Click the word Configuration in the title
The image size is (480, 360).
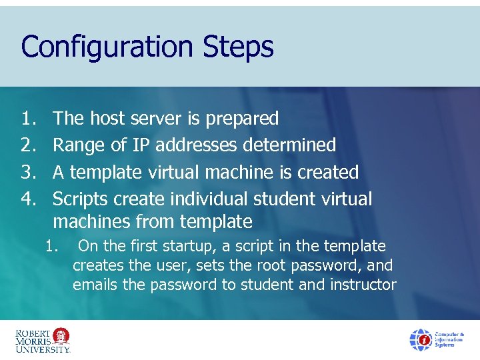pos(107,47)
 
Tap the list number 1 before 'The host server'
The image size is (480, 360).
pos(27,119)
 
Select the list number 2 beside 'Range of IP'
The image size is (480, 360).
pos(27,145)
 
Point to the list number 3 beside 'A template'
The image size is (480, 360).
pos(27,172)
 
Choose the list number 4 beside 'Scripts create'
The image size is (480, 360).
pos(27,199)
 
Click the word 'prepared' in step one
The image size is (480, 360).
pos(242,119)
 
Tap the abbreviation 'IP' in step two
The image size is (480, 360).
pos(141,145)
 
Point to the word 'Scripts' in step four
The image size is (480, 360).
pos(81,199)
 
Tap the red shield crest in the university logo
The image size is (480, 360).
pos(61,335)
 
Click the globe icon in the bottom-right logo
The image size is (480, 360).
pos(421,339)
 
